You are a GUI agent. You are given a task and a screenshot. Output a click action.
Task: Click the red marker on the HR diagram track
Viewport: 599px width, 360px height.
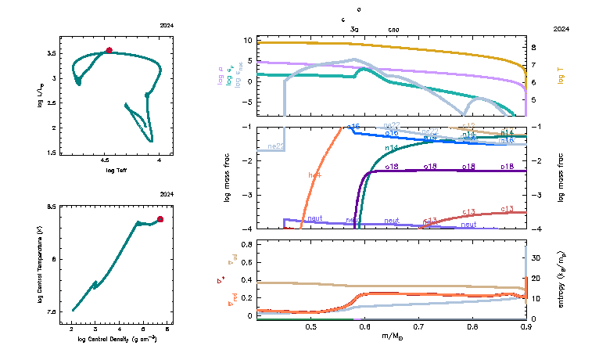[109, 50]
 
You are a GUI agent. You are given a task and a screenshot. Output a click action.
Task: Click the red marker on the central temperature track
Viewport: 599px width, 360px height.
[160, 219]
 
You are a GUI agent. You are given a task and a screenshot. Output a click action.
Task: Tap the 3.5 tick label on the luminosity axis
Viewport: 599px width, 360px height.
[52, 53]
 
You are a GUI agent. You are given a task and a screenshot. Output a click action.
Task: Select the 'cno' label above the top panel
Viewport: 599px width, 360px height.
[393, 29]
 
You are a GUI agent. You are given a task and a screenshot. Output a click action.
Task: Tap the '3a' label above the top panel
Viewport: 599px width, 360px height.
[354, 29]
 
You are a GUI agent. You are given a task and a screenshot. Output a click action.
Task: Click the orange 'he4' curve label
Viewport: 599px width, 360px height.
[315, 175]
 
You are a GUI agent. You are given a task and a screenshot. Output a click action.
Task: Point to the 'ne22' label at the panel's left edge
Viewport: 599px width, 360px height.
[275, 146]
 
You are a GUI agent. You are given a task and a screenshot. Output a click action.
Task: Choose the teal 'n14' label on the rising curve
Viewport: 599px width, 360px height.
[392, 147]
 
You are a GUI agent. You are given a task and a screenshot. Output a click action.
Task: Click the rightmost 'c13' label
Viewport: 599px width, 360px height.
[507, 209]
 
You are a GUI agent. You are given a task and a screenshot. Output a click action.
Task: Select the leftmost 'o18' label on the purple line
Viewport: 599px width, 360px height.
[392, 167]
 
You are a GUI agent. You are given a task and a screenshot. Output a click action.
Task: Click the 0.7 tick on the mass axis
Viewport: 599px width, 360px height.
[418, 326]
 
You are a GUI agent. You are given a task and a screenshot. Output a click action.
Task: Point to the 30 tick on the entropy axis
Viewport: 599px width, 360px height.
[537, 257]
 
